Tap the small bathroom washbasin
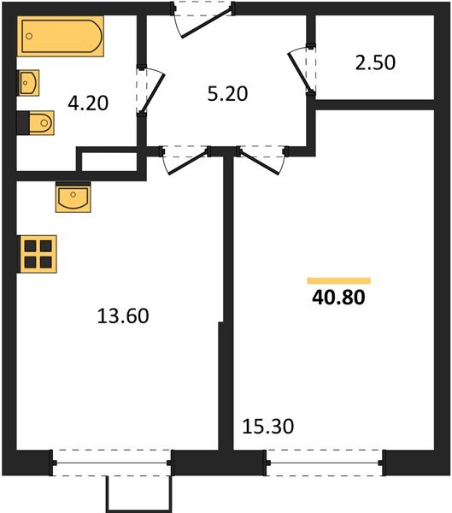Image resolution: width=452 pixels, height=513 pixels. tap(27, 84)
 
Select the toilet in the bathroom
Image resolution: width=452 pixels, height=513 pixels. tap(36, 125)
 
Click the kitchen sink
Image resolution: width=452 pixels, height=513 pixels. tap(74, 199)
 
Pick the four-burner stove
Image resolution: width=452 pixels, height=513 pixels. tap(37, 254)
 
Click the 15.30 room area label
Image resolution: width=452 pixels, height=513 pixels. tap(268, 425)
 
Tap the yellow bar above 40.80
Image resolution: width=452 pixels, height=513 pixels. tap(338, 280)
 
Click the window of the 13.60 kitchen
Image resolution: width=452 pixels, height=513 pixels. tap(112, 463)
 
